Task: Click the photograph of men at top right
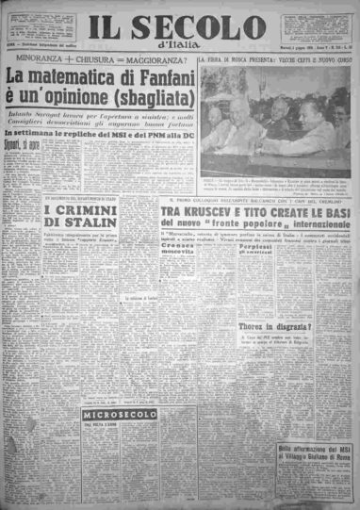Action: point(275,123)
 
